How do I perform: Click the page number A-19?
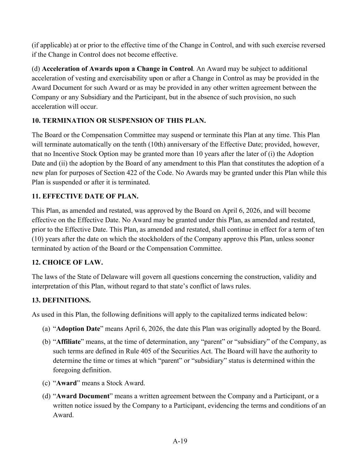(180, 441)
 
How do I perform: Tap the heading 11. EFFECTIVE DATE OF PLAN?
(85, 196)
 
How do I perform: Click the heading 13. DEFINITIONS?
(61, 300)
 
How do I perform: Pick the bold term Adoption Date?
(78, 329)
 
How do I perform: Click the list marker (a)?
(46, 329)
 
